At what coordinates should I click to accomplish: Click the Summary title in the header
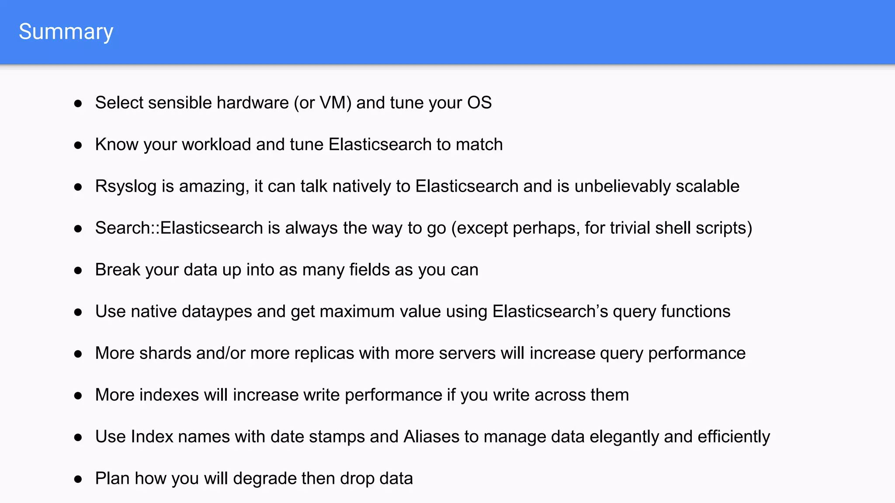pyautogui.click(x=66, y=32)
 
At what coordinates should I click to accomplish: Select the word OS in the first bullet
pyautogui.click(x=479, y=103)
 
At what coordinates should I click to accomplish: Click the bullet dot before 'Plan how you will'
pyautogui.click(x=78, y=479)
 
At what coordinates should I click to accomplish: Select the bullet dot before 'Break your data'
pyautogui.click(x=78, y=270)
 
